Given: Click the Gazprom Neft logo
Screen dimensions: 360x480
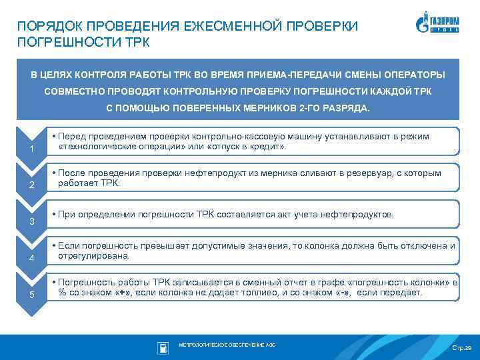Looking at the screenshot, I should pyautogui.click(x=440, y=24).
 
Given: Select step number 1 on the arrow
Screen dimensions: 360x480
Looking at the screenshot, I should pyautogui.click(x=32, y=147).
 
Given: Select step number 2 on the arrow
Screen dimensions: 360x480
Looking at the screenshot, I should pyautogui.click(x=32, y=184).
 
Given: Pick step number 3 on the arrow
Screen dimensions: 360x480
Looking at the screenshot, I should pyautogui.click(x=32, y=221).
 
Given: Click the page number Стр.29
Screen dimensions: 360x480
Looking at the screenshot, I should pyautogui.click(x=461, y=349).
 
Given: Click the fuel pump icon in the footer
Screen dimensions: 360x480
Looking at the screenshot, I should pyautogui.click(x=163, y=347).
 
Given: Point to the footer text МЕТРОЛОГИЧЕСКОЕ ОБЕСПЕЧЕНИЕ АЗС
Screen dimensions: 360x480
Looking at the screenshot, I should pyautogui.click(x=227, y=345).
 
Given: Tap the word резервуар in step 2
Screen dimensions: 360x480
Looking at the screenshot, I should pyautogui.click(x=361, y=173).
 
